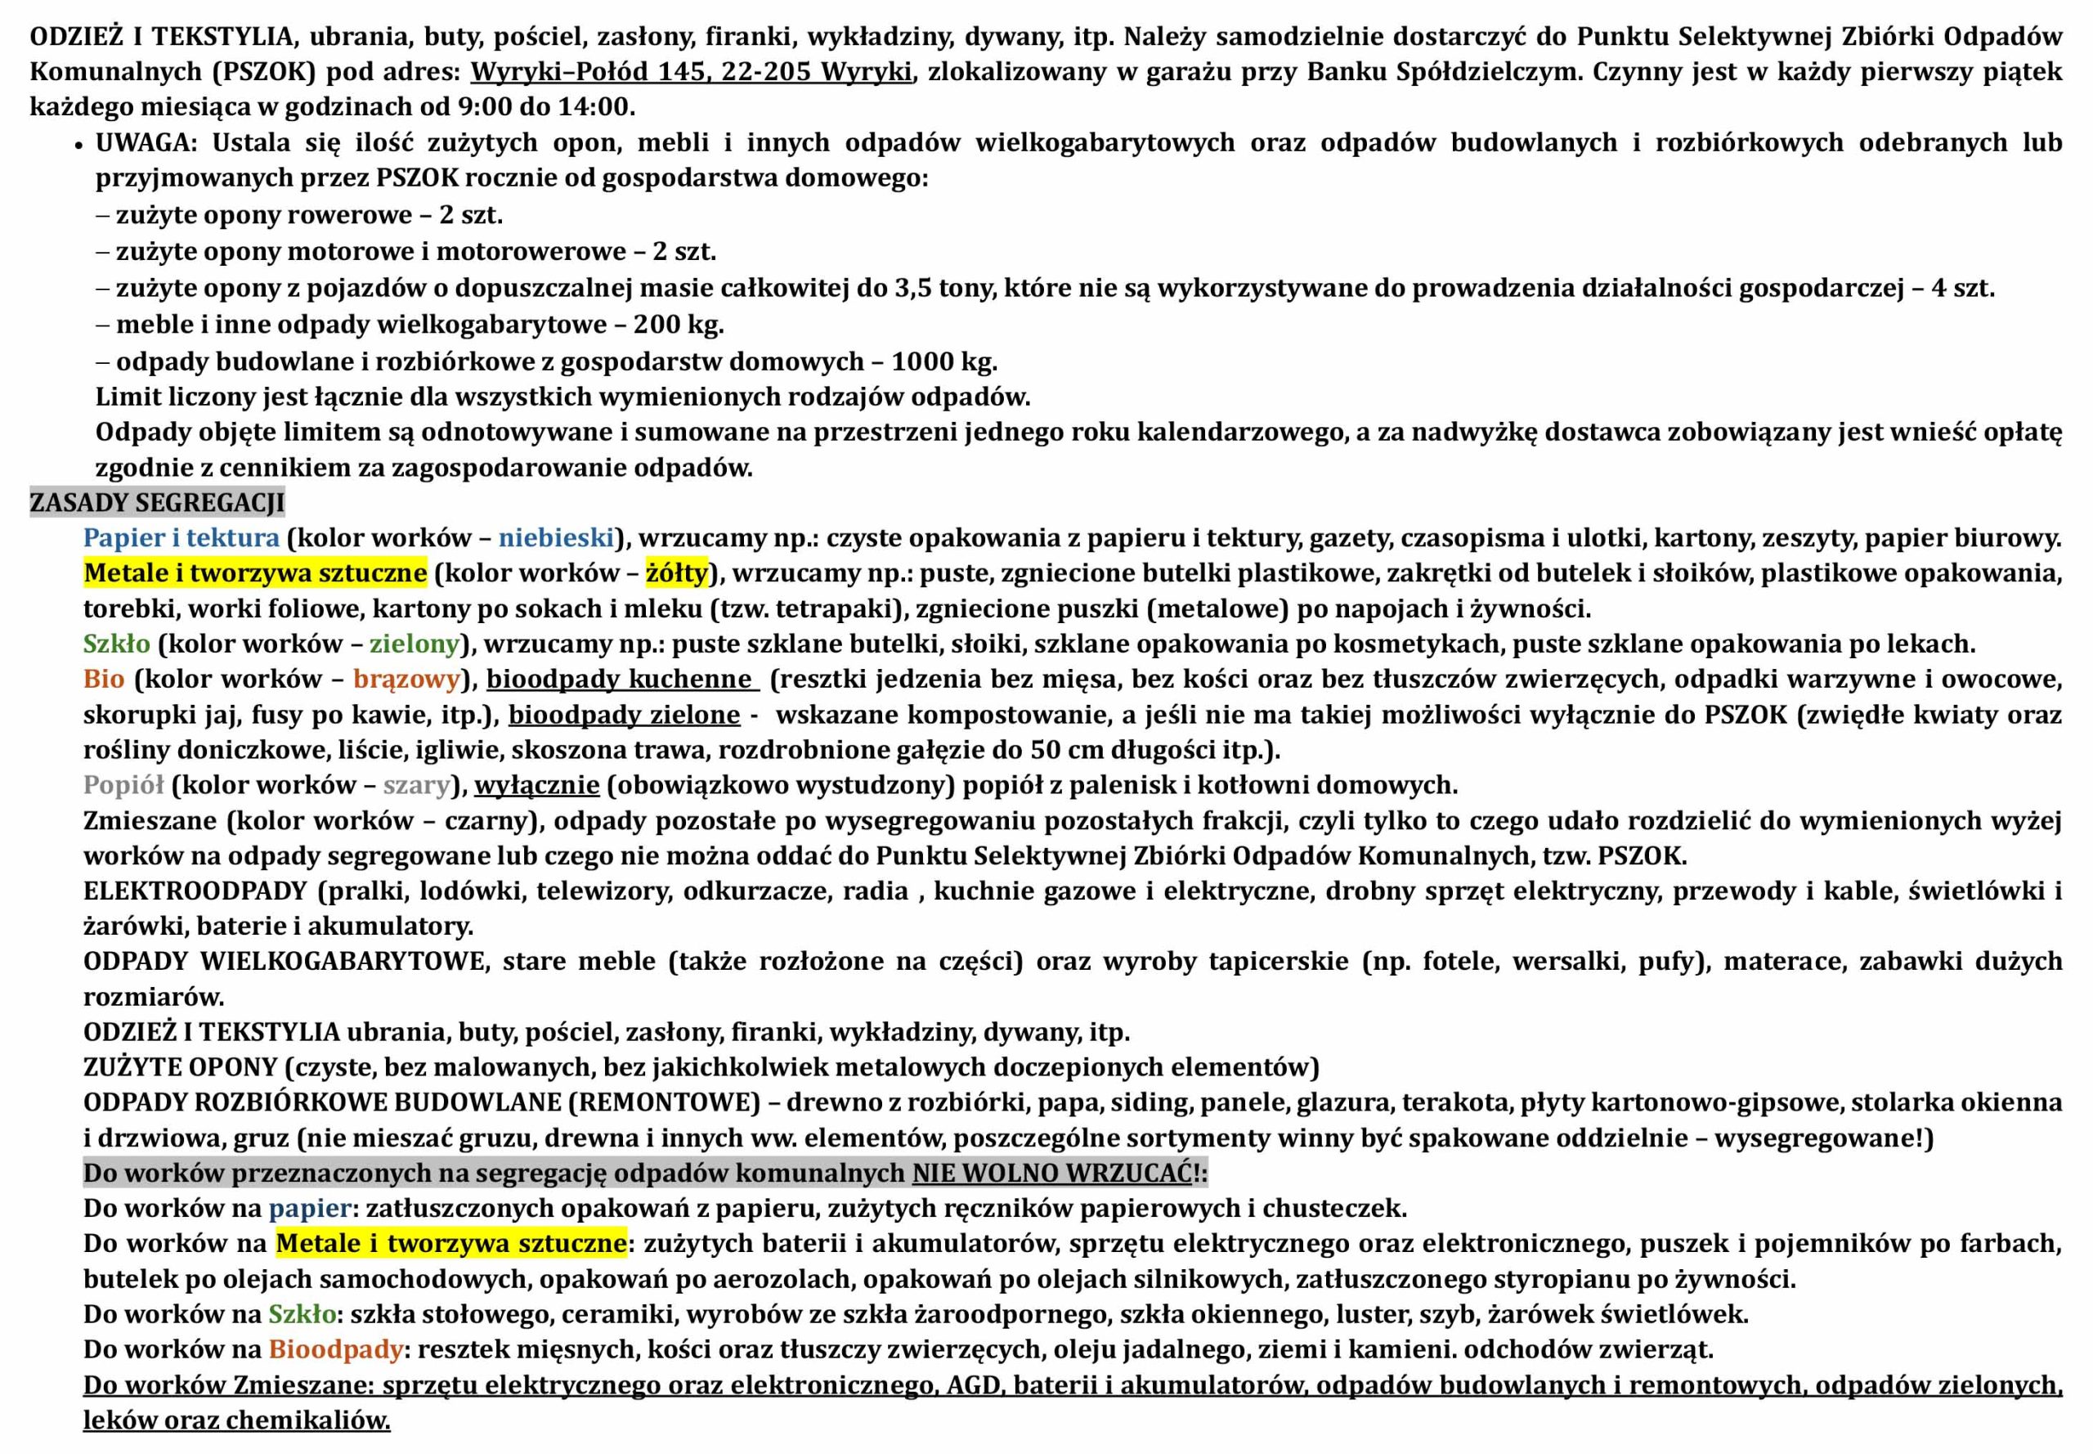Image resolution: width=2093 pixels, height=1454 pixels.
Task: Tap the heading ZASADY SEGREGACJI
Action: [157, 503]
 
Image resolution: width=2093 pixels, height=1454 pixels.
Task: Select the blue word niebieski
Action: [556, 538]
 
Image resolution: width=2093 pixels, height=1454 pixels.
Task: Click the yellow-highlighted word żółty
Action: [676, 573]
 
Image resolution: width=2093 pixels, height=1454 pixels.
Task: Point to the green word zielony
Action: [415, 644]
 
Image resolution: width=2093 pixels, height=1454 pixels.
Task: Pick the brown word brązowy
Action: [406, 680]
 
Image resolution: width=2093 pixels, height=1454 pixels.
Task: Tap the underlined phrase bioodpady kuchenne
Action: [620, 680]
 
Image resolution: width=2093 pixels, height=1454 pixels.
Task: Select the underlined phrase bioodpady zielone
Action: [624, 716]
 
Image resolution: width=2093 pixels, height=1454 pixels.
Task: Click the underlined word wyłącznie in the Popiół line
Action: [537, 785]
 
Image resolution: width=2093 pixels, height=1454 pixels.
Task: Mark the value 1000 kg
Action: [943, 361]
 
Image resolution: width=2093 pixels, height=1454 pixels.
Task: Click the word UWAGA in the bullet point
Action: [141, 143]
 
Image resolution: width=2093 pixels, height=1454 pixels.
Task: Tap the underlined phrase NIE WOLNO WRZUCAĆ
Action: [1052, 1174]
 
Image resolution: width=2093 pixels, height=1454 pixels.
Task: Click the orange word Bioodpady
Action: [335, 1349]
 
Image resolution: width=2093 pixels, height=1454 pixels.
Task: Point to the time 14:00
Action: [596, 107]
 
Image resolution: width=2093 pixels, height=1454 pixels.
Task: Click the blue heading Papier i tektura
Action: [182, 538]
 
